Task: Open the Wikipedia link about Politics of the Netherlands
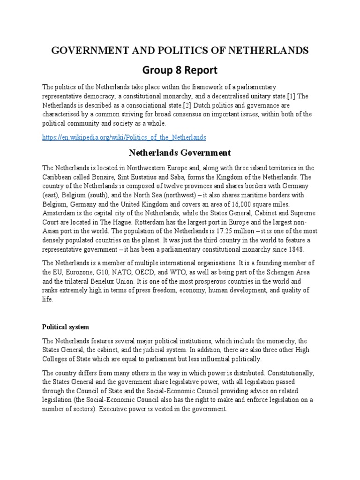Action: coord(124,137)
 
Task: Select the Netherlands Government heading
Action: coord(180,152)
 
